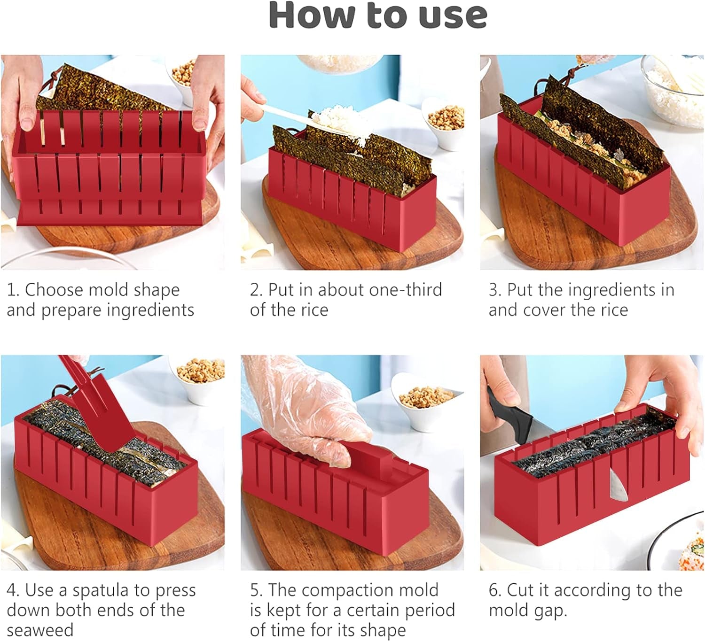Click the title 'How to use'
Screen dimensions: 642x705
pos(377,16)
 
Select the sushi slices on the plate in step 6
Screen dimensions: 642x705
pos(691,557)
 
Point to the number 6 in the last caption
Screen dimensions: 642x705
pos(493,590)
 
